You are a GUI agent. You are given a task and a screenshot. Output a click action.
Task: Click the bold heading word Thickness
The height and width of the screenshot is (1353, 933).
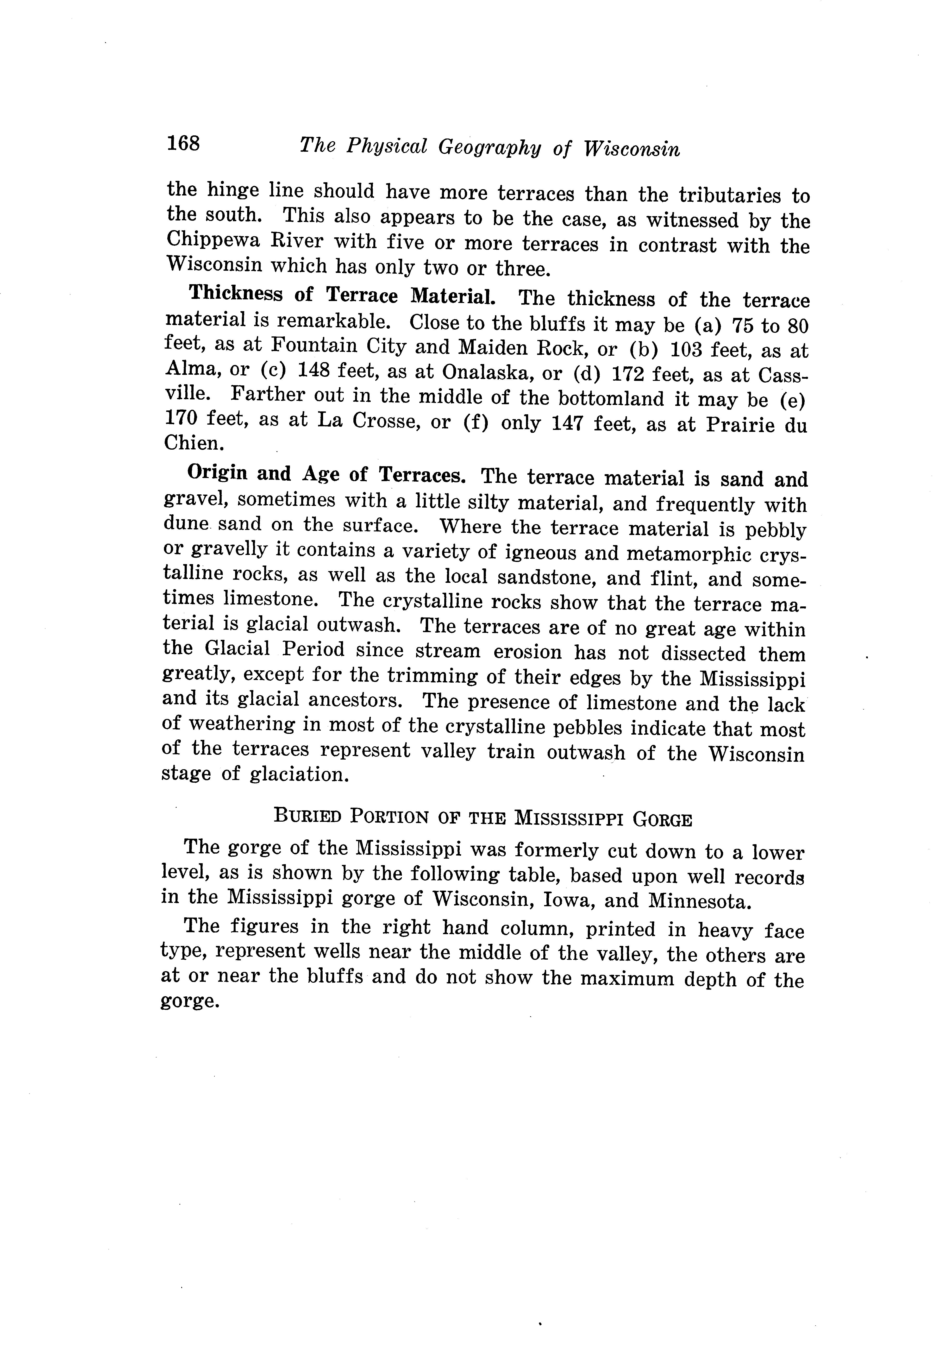(x=236, y=294)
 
